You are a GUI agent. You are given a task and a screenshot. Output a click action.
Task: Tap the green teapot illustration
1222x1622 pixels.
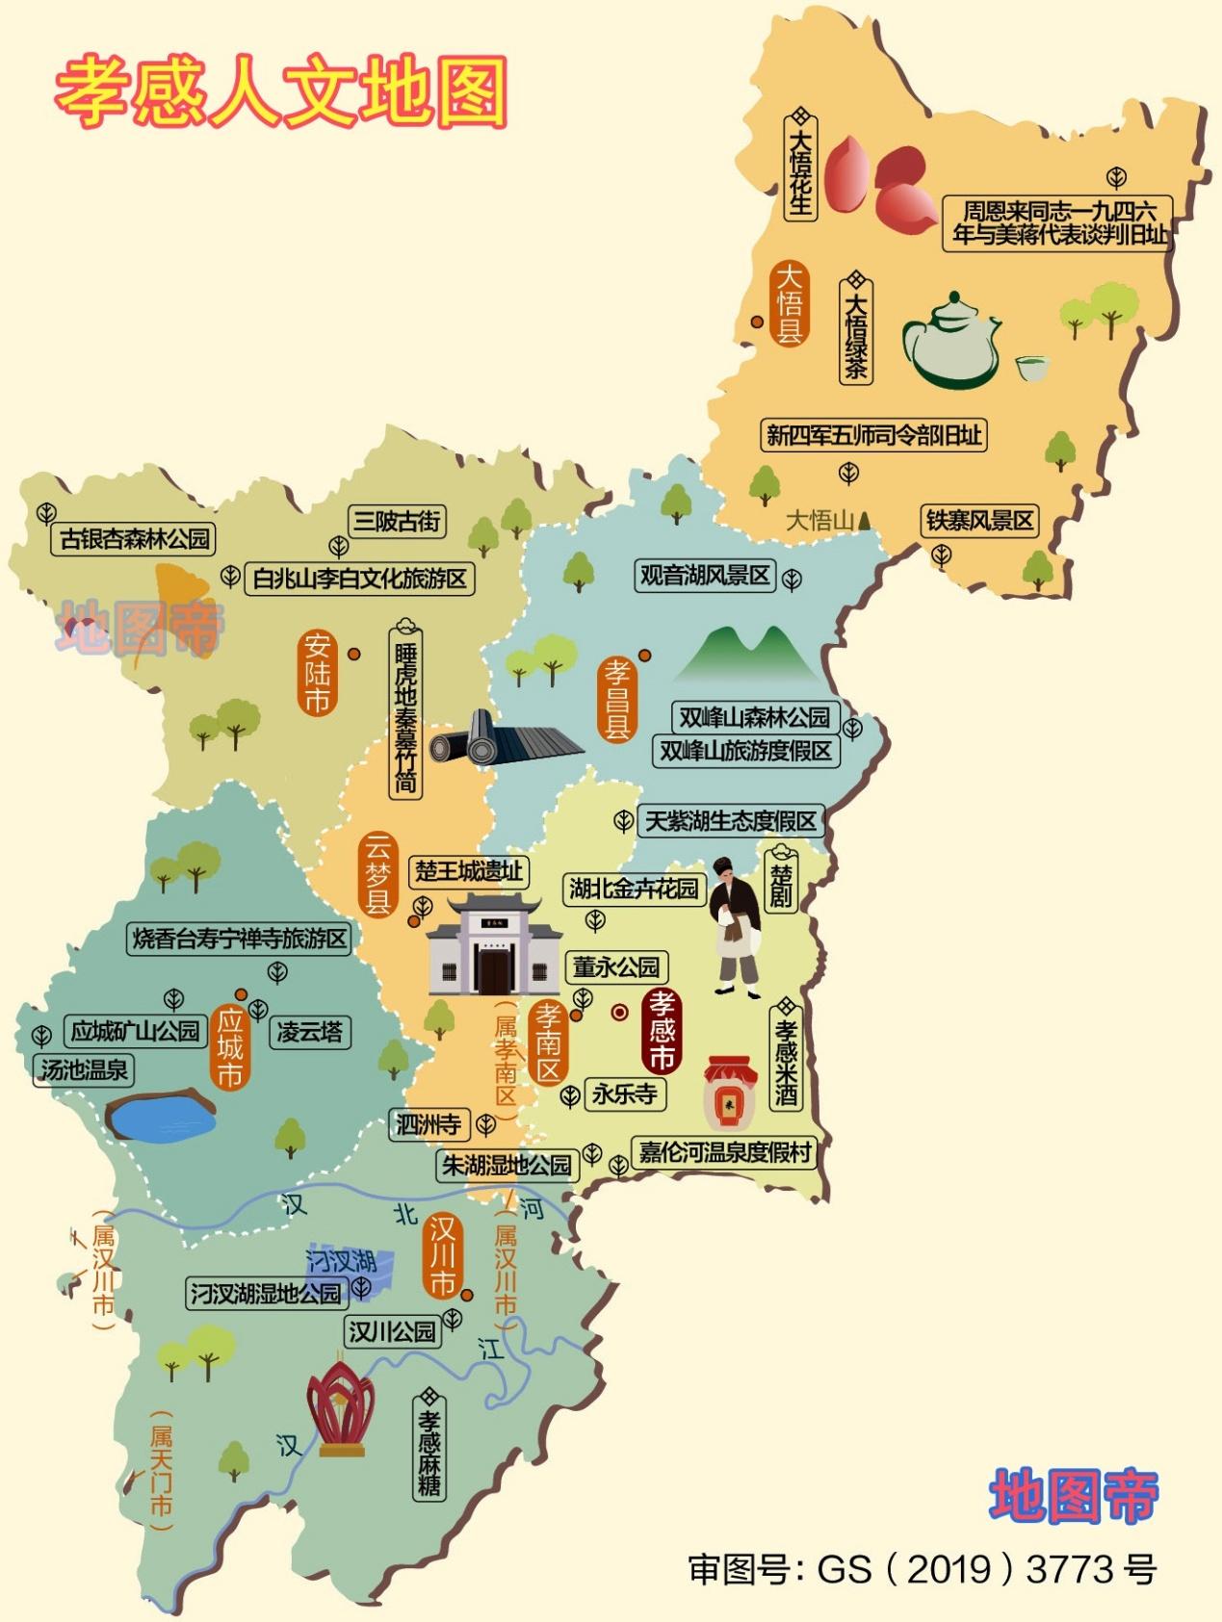949,342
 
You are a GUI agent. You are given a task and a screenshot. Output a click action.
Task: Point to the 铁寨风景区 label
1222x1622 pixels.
980,521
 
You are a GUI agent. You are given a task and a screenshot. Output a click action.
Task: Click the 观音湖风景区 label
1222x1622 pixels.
706,576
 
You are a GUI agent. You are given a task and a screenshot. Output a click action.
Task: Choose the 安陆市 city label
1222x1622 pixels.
318,673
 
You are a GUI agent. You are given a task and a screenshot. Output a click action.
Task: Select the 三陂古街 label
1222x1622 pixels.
396,521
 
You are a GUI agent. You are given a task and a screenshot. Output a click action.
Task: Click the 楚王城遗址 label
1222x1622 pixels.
469,871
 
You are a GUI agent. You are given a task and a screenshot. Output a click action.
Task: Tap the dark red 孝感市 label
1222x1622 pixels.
662,1030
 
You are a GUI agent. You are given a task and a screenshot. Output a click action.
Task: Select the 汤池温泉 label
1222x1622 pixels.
84,1069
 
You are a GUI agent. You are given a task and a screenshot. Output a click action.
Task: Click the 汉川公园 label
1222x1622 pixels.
392,1331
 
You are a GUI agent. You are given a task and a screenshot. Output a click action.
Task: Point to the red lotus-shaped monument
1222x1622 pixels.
340,1407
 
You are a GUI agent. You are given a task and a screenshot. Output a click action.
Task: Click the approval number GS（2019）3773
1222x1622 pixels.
923,1569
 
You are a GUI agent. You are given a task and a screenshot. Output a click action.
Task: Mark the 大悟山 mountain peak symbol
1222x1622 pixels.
865,521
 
